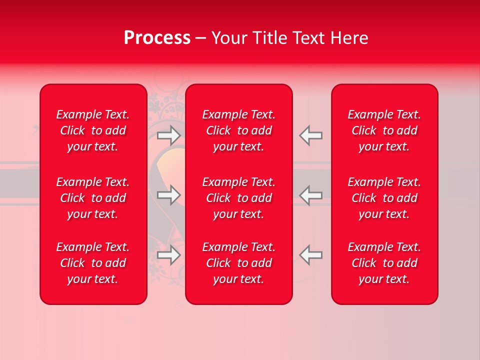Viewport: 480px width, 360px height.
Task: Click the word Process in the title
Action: tap(157, 38)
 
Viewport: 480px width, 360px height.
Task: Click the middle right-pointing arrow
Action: tap(168, 195)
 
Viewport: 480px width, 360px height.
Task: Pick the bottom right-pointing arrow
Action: tap(168, 254)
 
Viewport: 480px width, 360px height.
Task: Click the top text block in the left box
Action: tap(93, 130)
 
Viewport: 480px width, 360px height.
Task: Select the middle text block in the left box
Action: tap(93, 198)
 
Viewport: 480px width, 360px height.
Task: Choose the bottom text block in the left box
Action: tap(93, 263)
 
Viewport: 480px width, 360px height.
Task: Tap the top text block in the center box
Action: tap(238, 130)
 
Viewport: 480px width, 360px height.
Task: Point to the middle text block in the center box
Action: tap(238, 198)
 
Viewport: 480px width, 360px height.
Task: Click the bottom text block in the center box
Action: tap(238, 263)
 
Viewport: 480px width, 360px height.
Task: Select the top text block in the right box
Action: tap(384, 130)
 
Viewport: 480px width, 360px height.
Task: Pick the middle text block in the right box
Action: tap(384, 198)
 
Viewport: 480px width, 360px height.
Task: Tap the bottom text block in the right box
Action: tap(384, 263)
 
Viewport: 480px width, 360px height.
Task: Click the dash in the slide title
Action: tap(201, 38)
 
